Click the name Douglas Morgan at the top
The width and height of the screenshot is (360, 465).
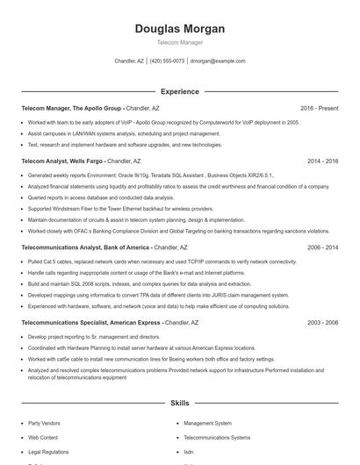[179, 29]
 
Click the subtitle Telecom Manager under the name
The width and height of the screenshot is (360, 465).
[179, 42]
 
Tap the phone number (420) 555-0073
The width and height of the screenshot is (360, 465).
[167, 61]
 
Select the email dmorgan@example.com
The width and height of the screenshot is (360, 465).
[218, 61]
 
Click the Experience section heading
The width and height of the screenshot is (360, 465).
[179, 91]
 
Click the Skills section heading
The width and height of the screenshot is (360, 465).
[179, 403]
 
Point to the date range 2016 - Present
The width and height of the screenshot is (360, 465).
[319, 108]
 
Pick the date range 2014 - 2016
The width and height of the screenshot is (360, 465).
[322, 161]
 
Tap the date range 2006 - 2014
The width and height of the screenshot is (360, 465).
[322, 247]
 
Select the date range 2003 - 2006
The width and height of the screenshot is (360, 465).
[322, 323]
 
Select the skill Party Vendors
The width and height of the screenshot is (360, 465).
[45, 423]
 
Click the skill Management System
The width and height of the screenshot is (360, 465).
[208, 423]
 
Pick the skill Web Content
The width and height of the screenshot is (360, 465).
[43, 437]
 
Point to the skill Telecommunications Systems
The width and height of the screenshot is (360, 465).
[216, 437]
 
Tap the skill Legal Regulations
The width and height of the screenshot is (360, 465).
[48, 451]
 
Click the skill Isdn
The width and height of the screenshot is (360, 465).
[189, 451]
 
